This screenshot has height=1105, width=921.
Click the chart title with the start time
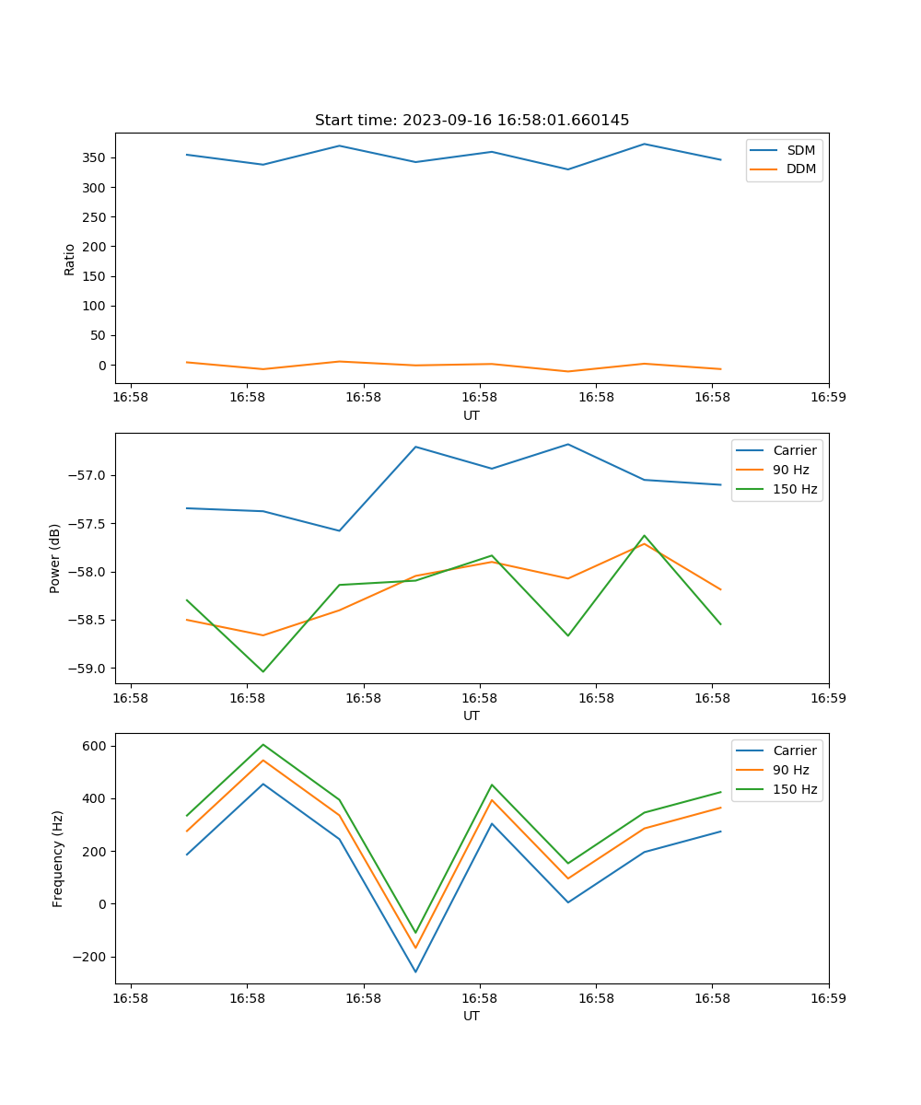pos(472,121)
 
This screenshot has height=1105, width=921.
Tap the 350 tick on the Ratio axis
pos(96,157)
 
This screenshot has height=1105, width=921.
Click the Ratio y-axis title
pos(70,259)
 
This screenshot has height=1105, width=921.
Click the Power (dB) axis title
pos(55,558)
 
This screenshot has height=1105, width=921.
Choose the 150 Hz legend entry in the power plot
pos(795,489)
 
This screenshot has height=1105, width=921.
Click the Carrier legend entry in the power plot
pos(794,450)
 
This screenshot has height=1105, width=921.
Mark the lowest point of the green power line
pos(263,671)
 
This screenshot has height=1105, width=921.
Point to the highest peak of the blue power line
pos(568,444)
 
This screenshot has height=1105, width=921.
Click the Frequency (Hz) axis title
pos(58,858)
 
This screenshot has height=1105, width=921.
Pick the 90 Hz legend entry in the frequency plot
pos(790,770)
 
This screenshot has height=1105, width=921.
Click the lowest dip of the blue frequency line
pos(415,971)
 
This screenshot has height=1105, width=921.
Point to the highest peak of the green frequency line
pos(263,744)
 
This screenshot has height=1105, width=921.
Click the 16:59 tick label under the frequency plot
pos(828,997)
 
